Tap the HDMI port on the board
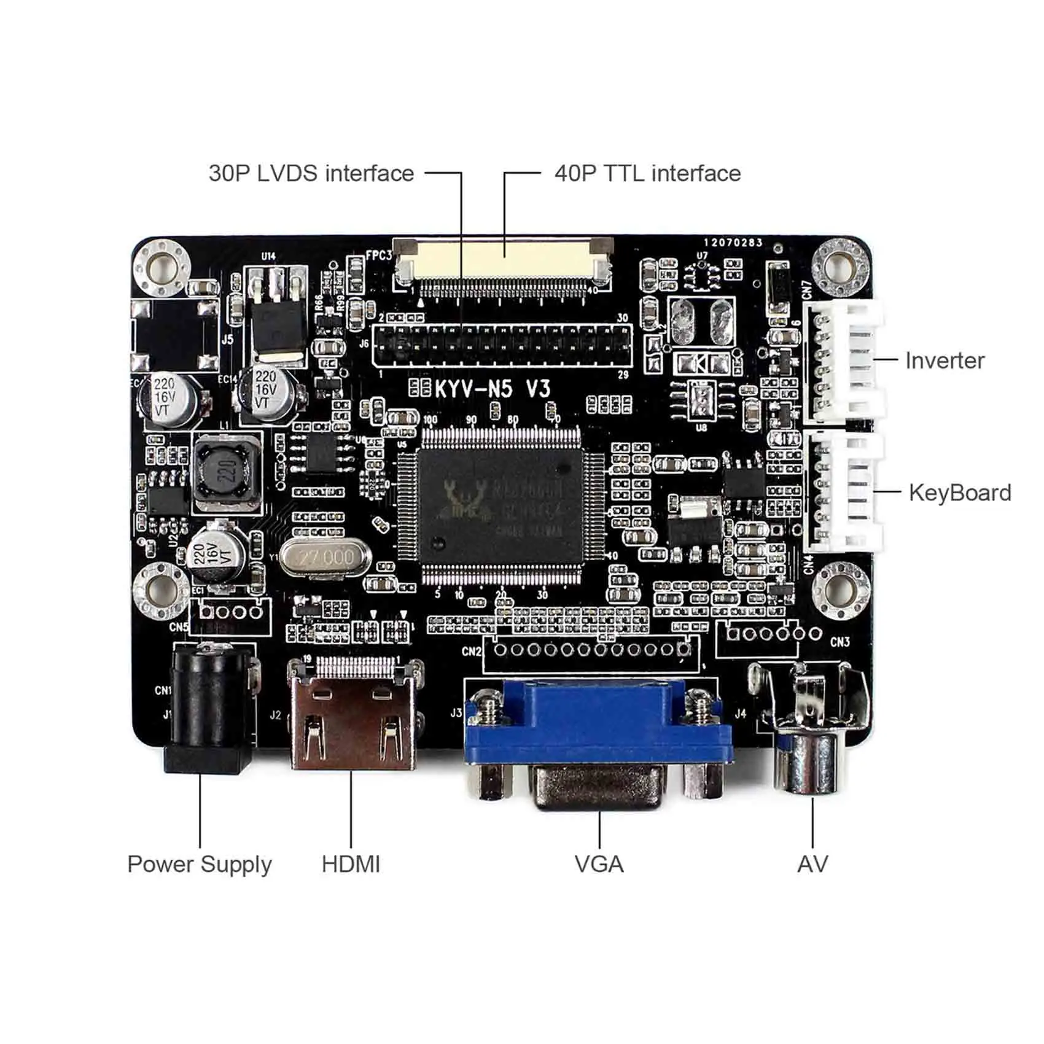[354, 719]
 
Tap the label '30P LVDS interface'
[311, 173]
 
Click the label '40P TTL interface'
[647, 173]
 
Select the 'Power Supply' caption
[199, 864]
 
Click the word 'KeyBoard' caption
[959, 493]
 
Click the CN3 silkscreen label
[839, 642]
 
